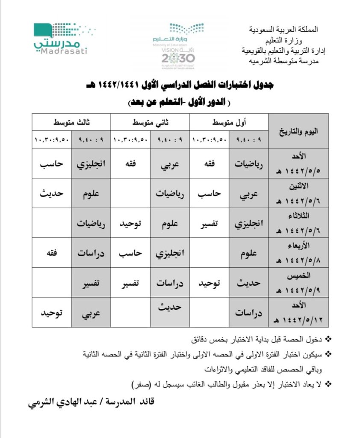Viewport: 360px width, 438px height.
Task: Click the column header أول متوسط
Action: [229, 122]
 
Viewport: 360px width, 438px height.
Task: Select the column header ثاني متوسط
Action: [150, 122]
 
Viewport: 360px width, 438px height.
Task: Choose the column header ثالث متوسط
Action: [71, 122]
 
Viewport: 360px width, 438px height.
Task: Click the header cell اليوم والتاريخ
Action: [298, 130]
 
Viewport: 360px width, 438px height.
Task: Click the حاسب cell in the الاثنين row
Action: [209, 193]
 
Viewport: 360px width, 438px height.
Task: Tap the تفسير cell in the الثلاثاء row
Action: [209, 223]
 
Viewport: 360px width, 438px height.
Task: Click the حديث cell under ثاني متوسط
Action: [170, 307]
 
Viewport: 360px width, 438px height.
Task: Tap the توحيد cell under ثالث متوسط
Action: [51, 313]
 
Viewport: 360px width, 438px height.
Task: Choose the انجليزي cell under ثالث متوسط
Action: [91, 163]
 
